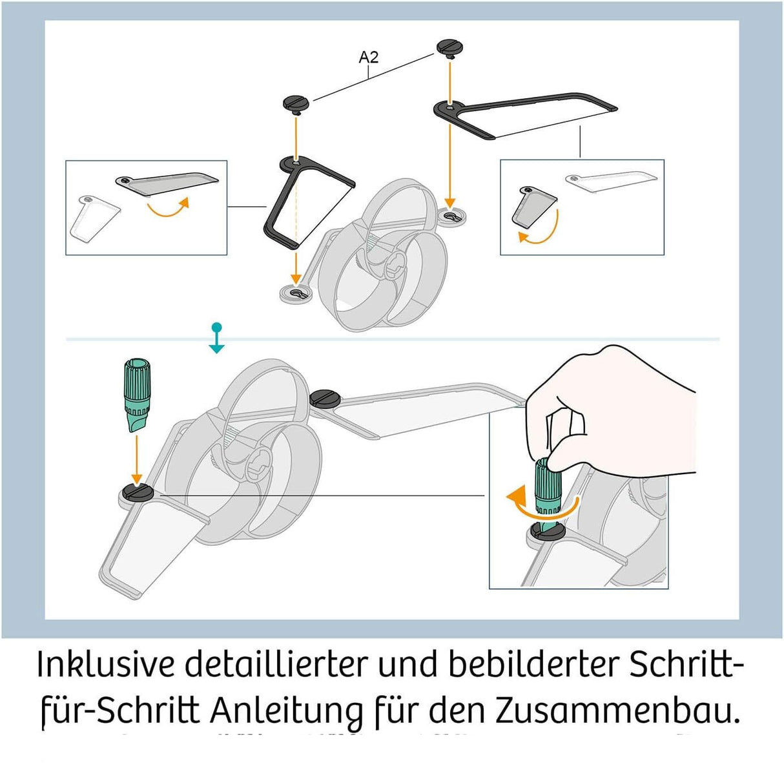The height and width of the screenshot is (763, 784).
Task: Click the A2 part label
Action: click(x=368, y=57)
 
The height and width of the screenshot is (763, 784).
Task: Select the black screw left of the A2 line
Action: click(x=295, y=102)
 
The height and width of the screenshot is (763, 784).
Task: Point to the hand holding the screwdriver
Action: click(x=614, y=407)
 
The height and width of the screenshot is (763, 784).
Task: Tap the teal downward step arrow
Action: click(x=217, y=339)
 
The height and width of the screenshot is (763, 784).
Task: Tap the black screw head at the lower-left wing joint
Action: click(x=137, y=493)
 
